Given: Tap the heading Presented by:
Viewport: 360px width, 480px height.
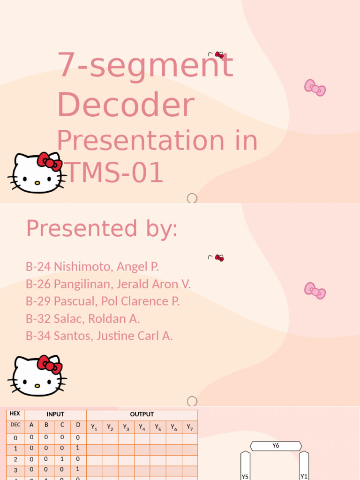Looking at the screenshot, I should click(x=102, y=229).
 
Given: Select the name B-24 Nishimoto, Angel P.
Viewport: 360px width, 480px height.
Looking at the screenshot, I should click(x=92, y=267).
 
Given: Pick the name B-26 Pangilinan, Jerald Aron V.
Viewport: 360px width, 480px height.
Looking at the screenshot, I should click(x=108, y=284).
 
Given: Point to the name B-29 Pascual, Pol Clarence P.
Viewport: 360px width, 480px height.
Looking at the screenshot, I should click(x=103, y=301).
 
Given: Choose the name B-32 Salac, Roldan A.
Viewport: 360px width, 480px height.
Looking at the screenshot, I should click(x=83, y=319).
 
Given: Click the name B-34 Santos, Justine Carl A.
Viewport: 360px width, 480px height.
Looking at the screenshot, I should click(x=99, y=336).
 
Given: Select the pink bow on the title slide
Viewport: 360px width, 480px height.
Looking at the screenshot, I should click(x=315, y=88).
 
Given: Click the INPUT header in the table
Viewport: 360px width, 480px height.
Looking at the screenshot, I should click(x=55, y=415).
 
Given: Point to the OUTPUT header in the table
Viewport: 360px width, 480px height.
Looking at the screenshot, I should click(x=142, y=415).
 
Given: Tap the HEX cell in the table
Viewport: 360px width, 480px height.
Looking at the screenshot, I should click(x=15, y=414).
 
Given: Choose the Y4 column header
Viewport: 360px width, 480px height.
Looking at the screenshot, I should click(x=142, y=427).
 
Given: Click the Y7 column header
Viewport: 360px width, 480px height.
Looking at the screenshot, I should click(x=190, y=427).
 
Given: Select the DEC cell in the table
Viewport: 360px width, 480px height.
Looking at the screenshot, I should click(x=15, y=425).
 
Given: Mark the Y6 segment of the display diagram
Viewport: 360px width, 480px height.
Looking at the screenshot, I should click(x=276, y=446).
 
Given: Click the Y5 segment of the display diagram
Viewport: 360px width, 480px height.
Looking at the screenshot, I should click(x=245, y=466).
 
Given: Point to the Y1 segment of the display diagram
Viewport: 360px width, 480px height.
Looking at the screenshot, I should click(x=304, y=466).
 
